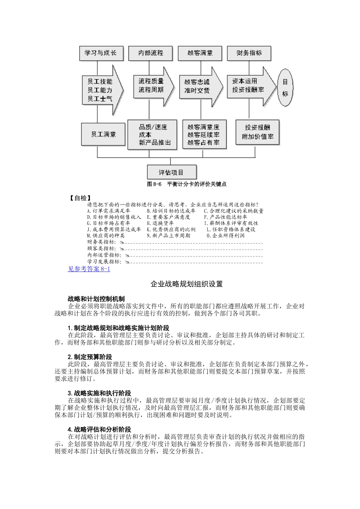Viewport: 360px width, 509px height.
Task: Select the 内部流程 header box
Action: [x=150, y=53]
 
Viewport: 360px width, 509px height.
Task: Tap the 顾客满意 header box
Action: [x=200, y=53]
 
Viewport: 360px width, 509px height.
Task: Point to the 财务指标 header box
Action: [x=249, y=53]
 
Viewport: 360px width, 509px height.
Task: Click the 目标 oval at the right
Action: [x=285, y=87]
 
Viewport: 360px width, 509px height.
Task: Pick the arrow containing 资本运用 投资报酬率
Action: [x=250, y=86]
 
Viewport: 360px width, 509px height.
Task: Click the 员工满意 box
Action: [x=103, y=134]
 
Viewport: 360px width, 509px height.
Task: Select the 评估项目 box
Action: [x=172, y=172]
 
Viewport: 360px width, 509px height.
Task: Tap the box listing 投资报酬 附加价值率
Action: [x=258, y=132]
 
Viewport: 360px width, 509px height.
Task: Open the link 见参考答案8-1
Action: [x=89, y=269]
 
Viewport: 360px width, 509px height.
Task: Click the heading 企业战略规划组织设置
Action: [x=186, y=284]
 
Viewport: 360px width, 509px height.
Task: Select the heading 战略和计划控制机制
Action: [x=96, y=299]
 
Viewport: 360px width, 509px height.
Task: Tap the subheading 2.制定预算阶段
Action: [x=90, y=357]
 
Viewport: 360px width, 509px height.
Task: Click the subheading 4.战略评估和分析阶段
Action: [x=99, y=429]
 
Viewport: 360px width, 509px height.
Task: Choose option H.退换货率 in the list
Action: [x=160, y=223]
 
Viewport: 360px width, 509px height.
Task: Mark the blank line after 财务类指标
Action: [x=193, y=242]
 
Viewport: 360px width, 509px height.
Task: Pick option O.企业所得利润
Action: [x=225, y=236]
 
